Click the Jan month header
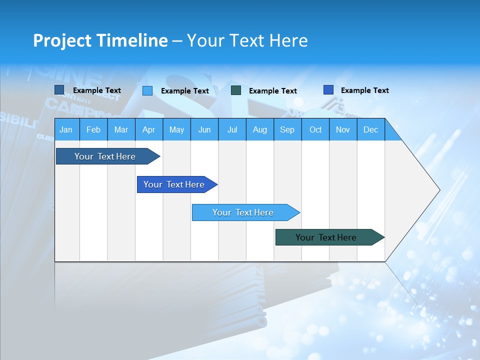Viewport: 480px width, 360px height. [x=66, y=129]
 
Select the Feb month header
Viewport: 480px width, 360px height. [x=93, y=129]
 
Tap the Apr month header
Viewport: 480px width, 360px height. [x=149, y=129]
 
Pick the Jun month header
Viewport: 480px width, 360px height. [x=204, y=129]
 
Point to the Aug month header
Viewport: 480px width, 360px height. [x=260, y=129]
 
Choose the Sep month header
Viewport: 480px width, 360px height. [x=287, y=129]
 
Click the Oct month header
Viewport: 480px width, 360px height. [x=315, y=129]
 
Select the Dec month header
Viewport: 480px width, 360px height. [x=371, y=129]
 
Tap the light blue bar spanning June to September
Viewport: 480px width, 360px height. [x=243, y=212]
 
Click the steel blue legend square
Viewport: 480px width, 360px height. [x=59, y=90]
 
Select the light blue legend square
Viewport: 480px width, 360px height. [x=147, y=90]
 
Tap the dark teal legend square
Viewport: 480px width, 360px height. [x=236, y=90]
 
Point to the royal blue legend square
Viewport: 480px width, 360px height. [x=328, y=90]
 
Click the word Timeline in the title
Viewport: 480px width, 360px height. [x=132, y=40]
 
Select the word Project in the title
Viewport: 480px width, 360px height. [x=62, y=40]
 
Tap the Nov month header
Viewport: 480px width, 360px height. [x=343, y=129]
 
